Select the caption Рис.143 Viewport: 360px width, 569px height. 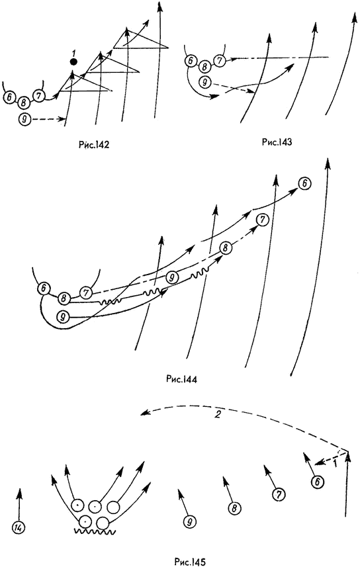point(277,142)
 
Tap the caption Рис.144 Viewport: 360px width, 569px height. point(181,380)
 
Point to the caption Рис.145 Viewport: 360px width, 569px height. point(190,562)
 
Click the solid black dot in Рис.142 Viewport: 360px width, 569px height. point(73,62)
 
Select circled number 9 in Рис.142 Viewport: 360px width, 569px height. point(24,119)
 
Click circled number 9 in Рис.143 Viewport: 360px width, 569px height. point(204,83)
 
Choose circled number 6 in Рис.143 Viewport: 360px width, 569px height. point(190,61)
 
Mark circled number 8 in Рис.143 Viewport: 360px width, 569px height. point(204,67)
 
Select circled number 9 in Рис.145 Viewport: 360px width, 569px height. point(189,522)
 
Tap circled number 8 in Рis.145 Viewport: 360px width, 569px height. point(234,508)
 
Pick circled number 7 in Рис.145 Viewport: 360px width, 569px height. point(279,495)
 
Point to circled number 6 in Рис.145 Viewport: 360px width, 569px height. point(317,482)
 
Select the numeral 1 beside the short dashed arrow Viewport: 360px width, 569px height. point(335,463)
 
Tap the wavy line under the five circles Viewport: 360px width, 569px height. point(95,532)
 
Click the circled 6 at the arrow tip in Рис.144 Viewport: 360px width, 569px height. point(304,184)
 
